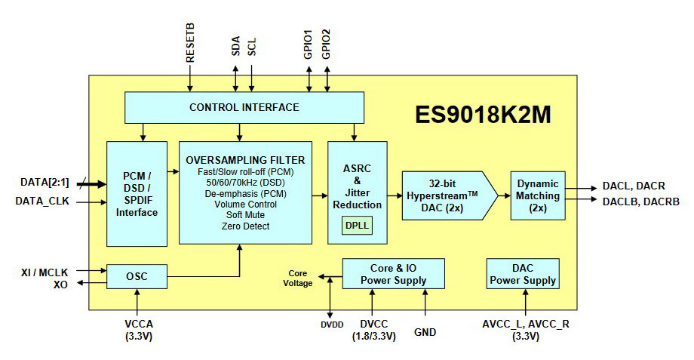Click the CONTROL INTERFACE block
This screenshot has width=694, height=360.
pos(244,107)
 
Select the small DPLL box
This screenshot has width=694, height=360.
pos(357,224)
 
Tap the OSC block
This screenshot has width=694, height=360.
pos(137,276)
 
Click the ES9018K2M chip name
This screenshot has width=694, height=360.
pos(483,115)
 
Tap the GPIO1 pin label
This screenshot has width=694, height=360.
pos(309,45)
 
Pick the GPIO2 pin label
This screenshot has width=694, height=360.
pos(326,45)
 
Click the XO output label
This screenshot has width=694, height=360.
pos(63,284)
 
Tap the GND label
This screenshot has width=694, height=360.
pos(425,331)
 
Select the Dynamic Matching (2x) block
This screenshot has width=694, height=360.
pos(538,195)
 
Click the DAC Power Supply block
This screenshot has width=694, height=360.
pos(523,275)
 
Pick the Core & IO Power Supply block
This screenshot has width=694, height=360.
pos(393,275)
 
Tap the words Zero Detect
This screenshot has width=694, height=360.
pos(245,226)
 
